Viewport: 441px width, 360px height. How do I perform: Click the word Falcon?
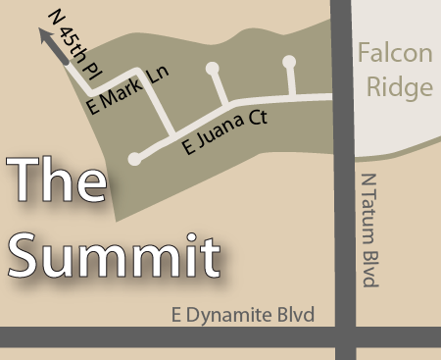pyautogui.click(x=394, y=55)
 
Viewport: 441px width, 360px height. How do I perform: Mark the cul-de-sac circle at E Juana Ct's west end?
pyautogui.click(x=133, y=159)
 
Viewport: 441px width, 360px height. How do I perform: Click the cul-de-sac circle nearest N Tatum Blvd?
pyautogui.click(x=289, y=62)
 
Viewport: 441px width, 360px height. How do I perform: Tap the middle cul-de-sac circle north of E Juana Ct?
pyautogui.click(x=213, y=69)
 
